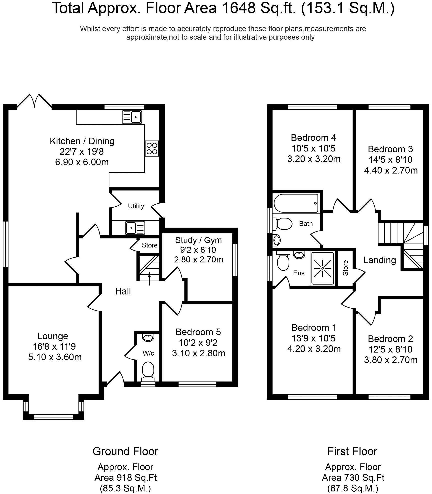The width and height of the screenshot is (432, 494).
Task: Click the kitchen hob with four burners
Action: [x=152, y=148]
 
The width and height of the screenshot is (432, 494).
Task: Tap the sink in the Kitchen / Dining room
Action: [x=132, y=117]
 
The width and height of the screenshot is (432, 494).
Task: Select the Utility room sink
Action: [x=135, y=228]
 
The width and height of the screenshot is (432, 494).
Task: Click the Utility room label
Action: [x=136, y=206]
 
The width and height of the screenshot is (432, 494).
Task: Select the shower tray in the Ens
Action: [x=322, y=268]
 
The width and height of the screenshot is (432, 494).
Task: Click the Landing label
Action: [x=379, y=260]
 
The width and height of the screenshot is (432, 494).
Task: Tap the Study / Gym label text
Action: [x=198, y=240]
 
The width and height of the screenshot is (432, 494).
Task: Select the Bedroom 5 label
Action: [x=198, y=332]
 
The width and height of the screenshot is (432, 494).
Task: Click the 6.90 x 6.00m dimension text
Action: [x=82, y=162]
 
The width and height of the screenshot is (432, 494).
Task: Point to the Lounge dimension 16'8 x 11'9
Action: [x=54, y=346]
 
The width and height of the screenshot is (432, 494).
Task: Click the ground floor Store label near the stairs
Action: [x=150, y=245]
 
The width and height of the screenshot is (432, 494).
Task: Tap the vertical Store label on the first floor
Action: [x=345, y=268]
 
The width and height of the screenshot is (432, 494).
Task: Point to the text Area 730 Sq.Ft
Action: [x=353, y=478]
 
